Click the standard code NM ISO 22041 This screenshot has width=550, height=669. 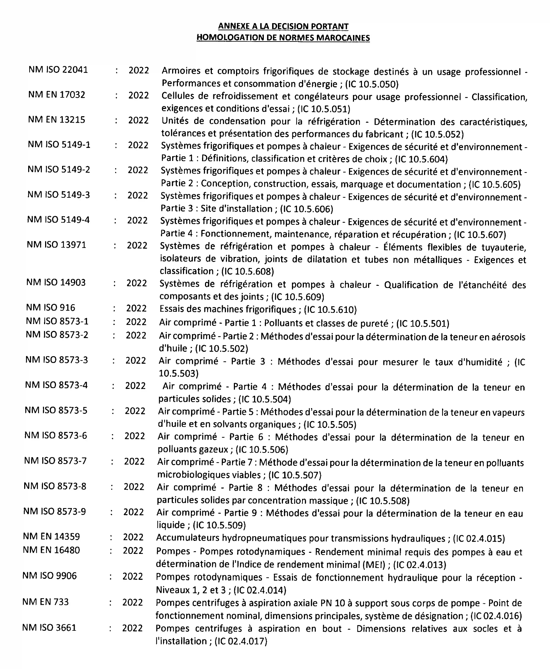[58, 70]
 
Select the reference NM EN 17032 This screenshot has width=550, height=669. [57, 95]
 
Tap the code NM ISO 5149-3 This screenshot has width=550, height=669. [58, 195]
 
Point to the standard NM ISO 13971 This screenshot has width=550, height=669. [56, 245]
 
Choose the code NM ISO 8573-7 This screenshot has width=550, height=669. [55, 461]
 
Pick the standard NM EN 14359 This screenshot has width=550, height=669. [51, 536]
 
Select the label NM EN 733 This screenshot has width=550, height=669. [45, 602]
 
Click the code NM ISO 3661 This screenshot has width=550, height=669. [49, 628]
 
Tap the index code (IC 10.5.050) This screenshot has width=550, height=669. [372, 84]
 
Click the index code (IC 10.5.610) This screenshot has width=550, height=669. [331, 310]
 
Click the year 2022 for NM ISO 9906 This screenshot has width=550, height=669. [133, 576]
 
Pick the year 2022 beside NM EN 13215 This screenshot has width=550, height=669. [138, 120]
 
